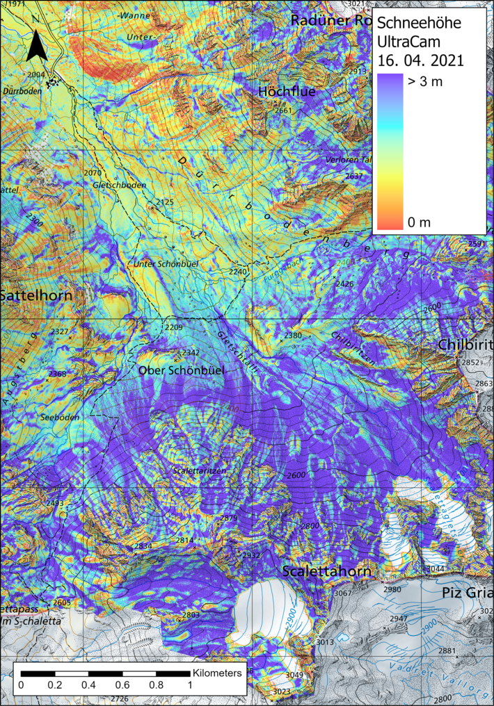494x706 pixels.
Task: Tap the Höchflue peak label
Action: [287, 92]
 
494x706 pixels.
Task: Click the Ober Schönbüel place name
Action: [181, 371]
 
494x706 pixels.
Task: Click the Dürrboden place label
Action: [22, 90]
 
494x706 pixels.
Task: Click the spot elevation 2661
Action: [283, 110]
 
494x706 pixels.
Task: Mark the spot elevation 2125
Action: [165, 202]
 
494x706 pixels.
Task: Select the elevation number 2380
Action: [293, 336]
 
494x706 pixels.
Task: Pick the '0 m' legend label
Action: [419, 222]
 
